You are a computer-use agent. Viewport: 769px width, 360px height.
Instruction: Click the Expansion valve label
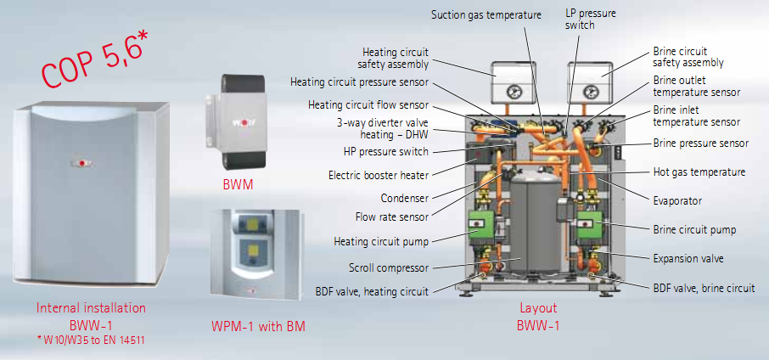pos(688,257)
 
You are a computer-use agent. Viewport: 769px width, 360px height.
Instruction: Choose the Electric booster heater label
pos(379,176)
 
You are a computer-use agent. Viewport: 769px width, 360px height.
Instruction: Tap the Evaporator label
pos(677,200)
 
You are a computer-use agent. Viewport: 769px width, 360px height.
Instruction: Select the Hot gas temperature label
pos(699,172)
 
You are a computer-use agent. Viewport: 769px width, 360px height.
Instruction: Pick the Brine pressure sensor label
pos(700,143)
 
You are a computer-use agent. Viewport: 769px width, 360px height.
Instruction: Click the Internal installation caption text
pos(91,307)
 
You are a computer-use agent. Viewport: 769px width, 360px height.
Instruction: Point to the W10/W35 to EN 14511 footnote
pos(91,340)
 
